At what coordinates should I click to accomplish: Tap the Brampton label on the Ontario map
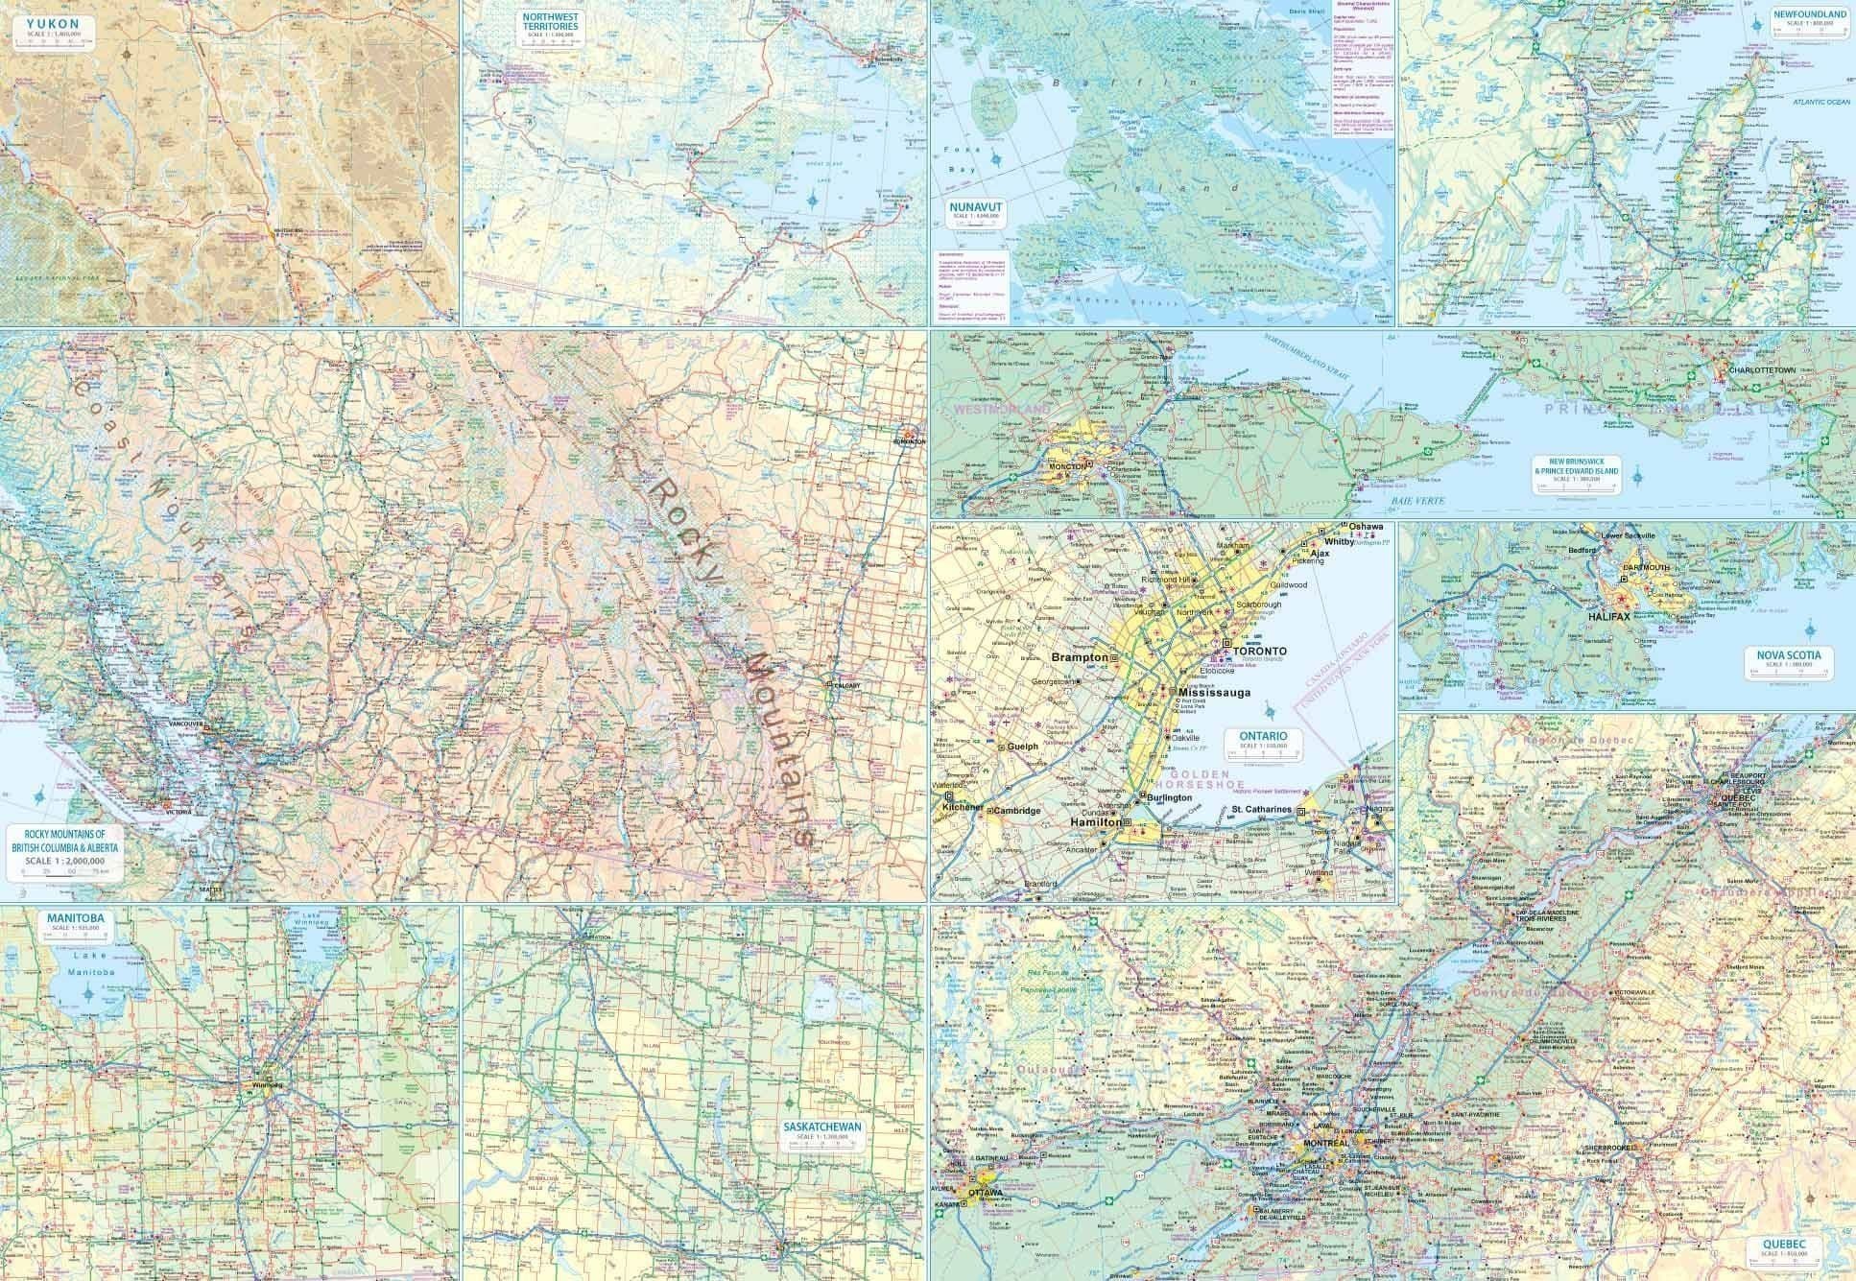(x=1080, y=658)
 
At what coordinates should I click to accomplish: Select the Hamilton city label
(x=1096, y=822)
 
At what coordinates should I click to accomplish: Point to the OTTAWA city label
(x=986, y=1193)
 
